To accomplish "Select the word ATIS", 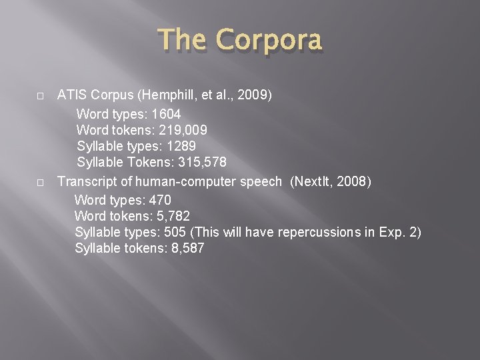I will [x=72, y=95].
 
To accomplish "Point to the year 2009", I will [x=254, y=95].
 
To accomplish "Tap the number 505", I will [x=175, y=232].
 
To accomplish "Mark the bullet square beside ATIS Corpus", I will [x=41, y=96].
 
